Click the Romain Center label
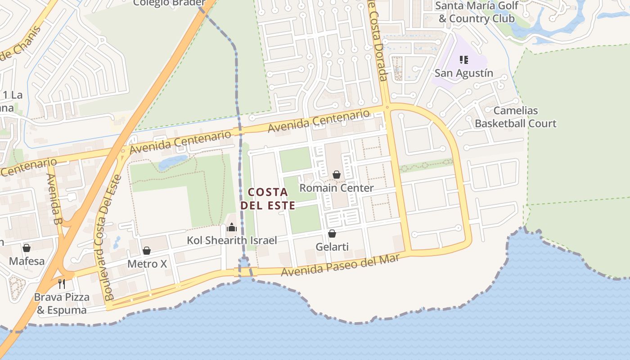[337, 188]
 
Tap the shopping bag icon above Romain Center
[337, 175]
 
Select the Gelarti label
[332, 247]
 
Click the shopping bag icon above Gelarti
[332, 234]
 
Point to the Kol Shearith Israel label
[232, 241]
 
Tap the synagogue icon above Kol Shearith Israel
[232, 227]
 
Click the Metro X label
[147, 264]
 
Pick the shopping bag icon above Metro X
[147, 251]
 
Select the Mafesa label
[27, 261]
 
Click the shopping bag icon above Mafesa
[27, 248]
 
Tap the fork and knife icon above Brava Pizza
[62, 284]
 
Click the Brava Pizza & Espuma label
[62, 304]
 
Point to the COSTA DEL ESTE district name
[268, 199]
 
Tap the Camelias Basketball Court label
[516, 117]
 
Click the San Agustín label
[463, 73]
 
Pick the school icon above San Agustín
[464, 60]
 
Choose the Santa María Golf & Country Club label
[477, 12]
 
